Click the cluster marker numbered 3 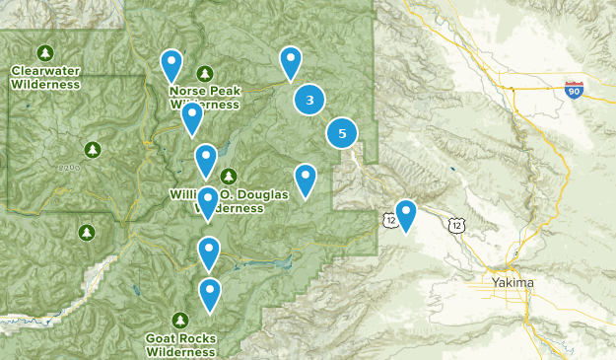pyautogui.click(x=310, y=100)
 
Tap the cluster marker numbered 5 pyautogui.click(x=342, y=133)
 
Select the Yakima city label pyautogui.click(x=512, y=283)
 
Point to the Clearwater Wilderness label pyautogui.click(x=45, y=77)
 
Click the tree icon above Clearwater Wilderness pyautogui.click(x=44, y=51)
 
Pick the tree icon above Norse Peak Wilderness pyautogui.click(x=204, y=73)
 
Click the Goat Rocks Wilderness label pyautogui.click(x=179, y=343)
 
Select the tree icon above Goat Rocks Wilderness pyautogui.click(x=179, y=320)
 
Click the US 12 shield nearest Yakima pyautogui.click(x=453, y=225)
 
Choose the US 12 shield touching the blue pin pyautogui.click(x=392, y=223)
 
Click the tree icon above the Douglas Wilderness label pyautogui.click(x=229, y=177)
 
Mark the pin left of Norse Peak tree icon pyautogui.click(x=171, y=65)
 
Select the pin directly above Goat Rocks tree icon pyautogui.click(x=210, y=293)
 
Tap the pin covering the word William pyautogui.click(x=205, y=158)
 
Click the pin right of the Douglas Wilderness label pyautogui.click(x=306, y=180)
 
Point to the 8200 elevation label pyautogui.click(x=69, y=169)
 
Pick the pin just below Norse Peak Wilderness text pyautogui.click(x=192, y=118)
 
